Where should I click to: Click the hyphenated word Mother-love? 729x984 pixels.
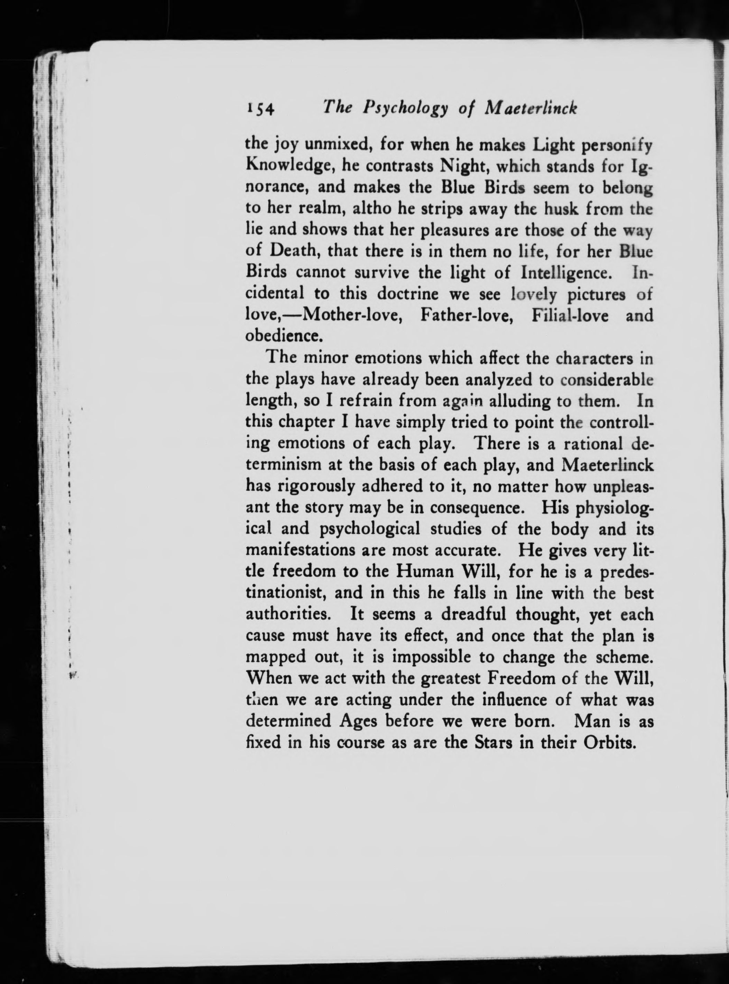(x=352, y=316)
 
